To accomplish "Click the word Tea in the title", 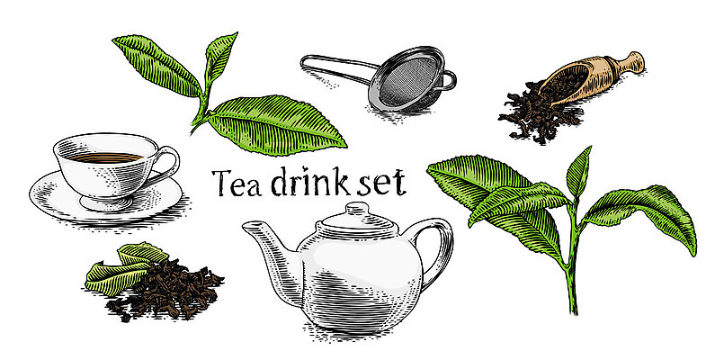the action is [235, 182].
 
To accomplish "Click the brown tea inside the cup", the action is [105, 157].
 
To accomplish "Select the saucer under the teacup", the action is [106, 199].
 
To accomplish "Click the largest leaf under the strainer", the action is [276, 125].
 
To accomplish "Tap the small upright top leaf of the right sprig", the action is [579, 172].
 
